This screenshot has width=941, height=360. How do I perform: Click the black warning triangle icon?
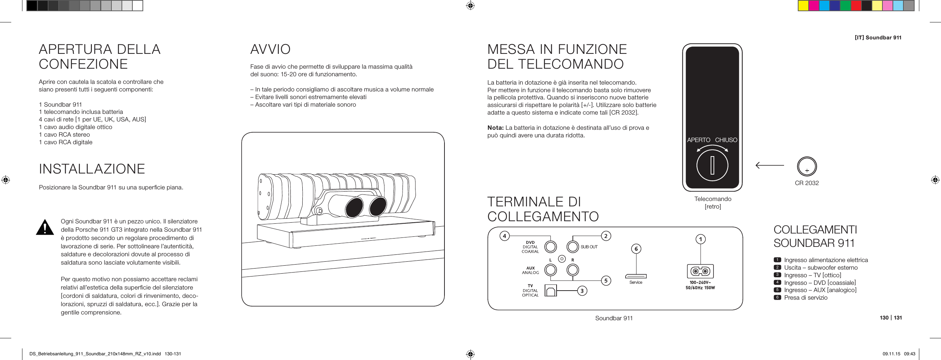point(45,228)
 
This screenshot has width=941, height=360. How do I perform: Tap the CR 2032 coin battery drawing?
point(806,167)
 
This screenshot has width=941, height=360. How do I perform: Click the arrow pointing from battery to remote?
point(769,166)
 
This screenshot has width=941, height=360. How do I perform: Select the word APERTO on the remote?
point(698,140)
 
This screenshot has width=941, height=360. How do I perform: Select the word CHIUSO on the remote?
point(726,140)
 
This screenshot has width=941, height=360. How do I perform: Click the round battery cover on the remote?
point(712,166)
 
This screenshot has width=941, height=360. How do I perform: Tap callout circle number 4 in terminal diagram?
point(504,236)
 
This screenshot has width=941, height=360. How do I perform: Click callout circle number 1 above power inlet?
point(700,240)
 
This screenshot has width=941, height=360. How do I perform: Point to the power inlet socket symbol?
point(700,271)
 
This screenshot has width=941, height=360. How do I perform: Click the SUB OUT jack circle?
point(573,247)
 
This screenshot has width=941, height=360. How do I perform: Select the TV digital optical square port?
point(550,291)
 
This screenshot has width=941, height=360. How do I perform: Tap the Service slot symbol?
point(636,276)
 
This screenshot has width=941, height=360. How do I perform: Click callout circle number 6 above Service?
point(636,249)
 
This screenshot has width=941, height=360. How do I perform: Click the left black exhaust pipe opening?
point(355,208)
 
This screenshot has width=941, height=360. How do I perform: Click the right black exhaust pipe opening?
point(378,207)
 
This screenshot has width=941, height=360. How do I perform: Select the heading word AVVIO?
point(270,49)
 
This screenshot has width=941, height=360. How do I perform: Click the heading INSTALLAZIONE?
point(92,169)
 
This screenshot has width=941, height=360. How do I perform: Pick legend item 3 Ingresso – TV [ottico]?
point(812,275)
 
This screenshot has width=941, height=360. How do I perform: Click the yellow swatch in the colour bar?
point(803,6)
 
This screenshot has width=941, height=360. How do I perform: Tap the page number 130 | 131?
point(891,318)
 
